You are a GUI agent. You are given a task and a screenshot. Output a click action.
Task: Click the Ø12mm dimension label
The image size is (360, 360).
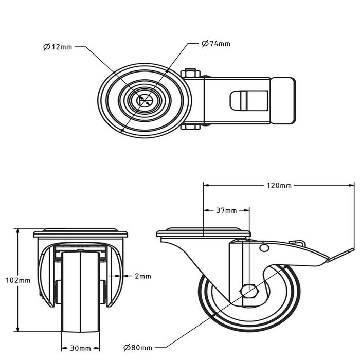pyautogui.click(x=58, y=47)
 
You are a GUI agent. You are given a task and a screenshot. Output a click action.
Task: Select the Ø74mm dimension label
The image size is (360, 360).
pyautogui.click(x=216, y=44)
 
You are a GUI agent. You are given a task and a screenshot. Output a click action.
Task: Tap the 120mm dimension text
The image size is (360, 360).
pyautogui.click(x=279, y=185)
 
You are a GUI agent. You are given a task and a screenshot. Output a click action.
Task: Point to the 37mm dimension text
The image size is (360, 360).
pyautogui.click(x=226, y=210)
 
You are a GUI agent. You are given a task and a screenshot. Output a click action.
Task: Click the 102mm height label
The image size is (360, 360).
pyautogui.click(x=18, y=280)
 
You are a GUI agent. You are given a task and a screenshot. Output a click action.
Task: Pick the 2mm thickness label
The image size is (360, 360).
pyautogui.click(x=143, y=276)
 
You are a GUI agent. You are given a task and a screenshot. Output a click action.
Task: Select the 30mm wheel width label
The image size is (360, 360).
pyautogui.click(x=80, y=348)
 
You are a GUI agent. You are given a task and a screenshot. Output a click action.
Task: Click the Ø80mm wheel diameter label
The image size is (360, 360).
pyautogui.click(x=138, y=348)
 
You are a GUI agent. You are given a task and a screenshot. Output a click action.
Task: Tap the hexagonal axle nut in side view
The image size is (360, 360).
pyautogui.click(x=249, y=292)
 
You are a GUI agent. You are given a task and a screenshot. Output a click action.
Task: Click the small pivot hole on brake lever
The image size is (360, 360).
pyautogui.click(x=264, y=248)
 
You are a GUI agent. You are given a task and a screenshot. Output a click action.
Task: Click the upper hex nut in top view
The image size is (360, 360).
pyautogui.click(x=190, y=73)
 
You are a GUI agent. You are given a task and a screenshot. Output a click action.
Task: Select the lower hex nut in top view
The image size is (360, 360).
pyautogui.click(x=190, y=127)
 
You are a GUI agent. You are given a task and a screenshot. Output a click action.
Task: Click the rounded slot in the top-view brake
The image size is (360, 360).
pyautogui.click(x=249, y=101)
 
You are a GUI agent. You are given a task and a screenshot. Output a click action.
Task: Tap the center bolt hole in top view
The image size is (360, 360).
pyautogui.click(x=145, y=101)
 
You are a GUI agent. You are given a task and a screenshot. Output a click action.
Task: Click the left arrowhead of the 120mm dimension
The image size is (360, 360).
pyautogui.click(x=206, y=185)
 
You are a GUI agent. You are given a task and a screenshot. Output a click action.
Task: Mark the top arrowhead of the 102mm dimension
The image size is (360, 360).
pyautogui.click(x=17, y=231)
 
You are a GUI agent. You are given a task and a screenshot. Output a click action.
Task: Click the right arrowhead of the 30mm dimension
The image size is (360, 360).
pyautogui.click(x=97, y=348)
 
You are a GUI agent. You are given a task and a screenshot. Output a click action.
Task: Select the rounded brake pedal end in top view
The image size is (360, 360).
pyautogui.click(x=283, y=101)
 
